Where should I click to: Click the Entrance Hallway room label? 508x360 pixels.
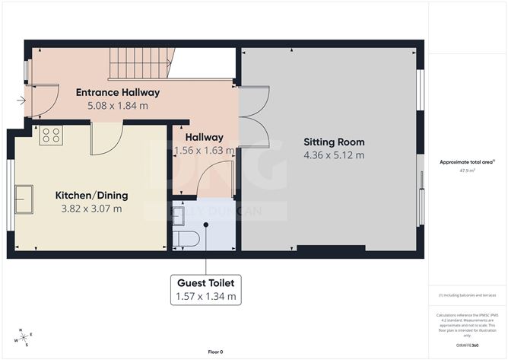pos(117,93)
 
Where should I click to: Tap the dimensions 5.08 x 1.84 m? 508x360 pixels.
pos(117,106)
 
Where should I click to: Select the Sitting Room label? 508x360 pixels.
pos(334,142)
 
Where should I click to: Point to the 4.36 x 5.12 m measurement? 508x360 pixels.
pos(334,155)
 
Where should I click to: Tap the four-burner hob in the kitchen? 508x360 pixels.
pos(52,135)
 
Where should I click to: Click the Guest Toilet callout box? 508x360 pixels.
pos(205,289)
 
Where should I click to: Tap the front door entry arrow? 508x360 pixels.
pos(21,100)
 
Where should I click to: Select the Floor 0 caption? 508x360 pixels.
pos(217,351)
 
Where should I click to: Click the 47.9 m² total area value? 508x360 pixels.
pos(467,170)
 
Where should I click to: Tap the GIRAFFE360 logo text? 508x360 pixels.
pos(467,345)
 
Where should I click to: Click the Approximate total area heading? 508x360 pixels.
pos(467,161)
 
